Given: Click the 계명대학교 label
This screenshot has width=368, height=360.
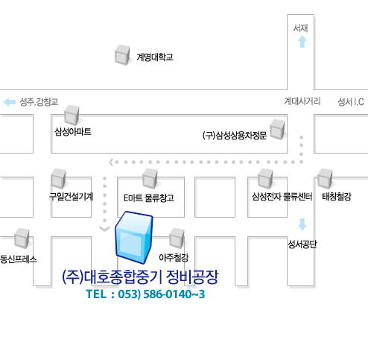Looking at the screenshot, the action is click(155, 57).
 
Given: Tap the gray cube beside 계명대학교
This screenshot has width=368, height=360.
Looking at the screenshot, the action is click(122, 54).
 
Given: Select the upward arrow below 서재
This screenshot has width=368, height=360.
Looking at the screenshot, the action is click(302, 42).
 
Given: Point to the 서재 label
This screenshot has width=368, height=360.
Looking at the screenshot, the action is click(300, 28).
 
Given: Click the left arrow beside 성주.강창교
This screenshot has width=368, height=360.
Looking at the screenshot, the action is click(10, 102).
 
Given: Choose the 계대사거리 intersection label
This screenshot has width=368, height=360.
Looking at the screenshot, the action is click(302, 101).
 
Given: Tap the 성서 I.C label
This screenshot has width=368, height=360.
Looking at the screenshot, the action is click(351, 102).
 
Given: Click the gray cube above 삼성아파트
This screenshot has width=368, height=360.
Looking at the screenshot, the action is click(72, 115).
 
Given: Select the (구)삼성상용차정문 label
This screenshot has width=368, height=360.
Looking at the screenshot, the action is click(235, 136).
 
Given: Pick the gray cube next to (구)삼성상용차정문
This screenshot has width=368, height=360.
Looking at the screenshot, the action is click(277, 130).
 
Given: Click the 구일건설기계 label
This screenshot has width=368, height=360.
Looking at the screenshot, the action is click(72, 197).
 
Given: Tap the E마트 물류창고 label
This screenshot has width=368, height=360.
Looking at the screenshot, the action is click(149, 198).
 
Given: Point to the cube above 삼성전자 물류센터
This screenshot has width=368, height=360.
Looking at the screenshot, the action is click(265, 178).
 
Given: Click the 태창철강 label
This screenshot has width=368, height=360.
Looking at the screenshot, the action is click(337, 197).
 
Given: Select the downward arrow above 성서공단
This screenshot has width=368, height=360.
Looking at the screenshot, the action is click(302, 224).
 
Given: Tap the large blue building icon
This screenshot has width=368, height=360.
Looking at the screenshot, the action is click(133, 237).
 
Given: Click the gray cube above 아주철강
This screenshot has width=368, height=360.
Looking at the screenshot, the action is click(177, 238).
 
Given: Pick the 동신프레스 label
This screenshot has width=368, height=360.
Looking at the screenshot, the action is click(19, 259).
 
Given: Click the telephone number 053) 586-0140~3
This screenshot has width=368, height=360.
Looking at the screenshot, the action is click(162, 294).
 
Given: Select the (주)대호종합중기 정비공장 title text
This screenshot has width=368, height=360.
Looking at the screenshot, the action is click(140, 277).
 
